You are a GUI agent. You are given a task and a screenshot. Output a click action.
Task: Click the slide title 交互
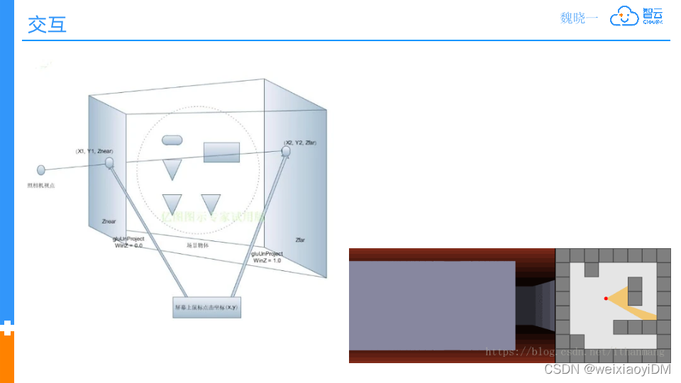[47, 24]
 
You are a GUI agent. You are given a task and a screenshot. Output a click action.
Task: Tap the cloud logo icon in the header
[625, 17]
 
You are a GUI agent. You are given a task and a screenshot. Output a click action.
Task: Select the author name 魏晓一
[579, 18]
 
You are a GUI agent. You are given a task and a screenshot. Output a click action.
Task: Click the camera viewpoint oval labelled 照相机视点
[41, 170]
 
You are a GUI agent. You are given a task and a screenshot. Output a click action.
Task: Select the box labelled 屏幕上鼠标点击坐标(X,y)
[206, 307]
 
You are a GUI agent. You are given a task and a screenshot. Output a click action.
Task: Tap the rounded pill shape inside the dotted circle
[172, 140]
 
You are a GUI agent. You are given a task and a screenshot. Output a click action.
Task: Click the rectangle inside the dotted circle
[221, 152]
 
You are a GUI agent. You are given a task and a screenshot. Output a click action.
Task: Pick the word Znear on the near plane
[109, 221]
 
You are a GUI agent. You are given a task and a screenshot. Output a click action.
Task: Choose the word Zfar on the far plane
[300, 240]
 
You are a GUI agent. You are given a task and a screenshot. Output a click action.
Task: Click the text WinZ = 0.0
[128, 245]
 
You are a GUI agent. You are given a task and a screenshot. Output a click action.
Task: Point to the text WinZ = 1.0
[267, 260]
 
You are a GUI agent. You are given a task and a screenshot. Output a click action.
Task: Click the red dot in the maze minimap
[606, 299]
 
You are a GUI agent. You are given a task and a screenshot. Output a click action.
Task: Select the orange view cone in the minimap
[635, 301]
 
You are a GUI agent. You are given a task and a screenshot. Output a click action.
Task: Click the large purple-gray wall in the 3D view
[432, 305]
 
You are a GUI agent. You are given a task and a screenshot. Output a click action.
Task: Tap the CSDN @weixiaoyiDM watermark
[607, 370]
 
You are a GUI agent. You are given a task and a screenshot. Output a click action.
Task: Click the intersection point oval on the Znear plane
[109, 163]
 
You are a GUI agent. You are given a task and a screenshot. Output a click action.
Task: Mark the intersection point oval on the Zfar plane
[286, 152]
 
